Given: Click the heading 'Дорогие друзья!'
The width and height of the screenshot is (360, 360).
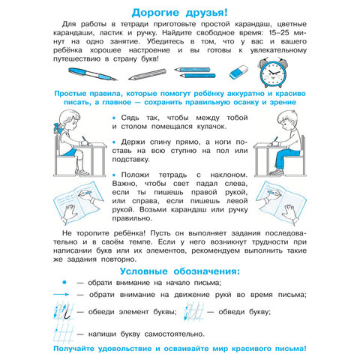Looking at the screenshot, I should tap(179, 13).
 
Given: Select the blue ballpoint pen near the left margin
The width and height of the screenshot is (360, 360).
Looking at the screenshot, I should tap(91, 74).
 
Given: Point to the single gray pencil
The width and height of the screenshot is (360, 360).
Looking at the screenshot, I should tap(146, 74).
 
